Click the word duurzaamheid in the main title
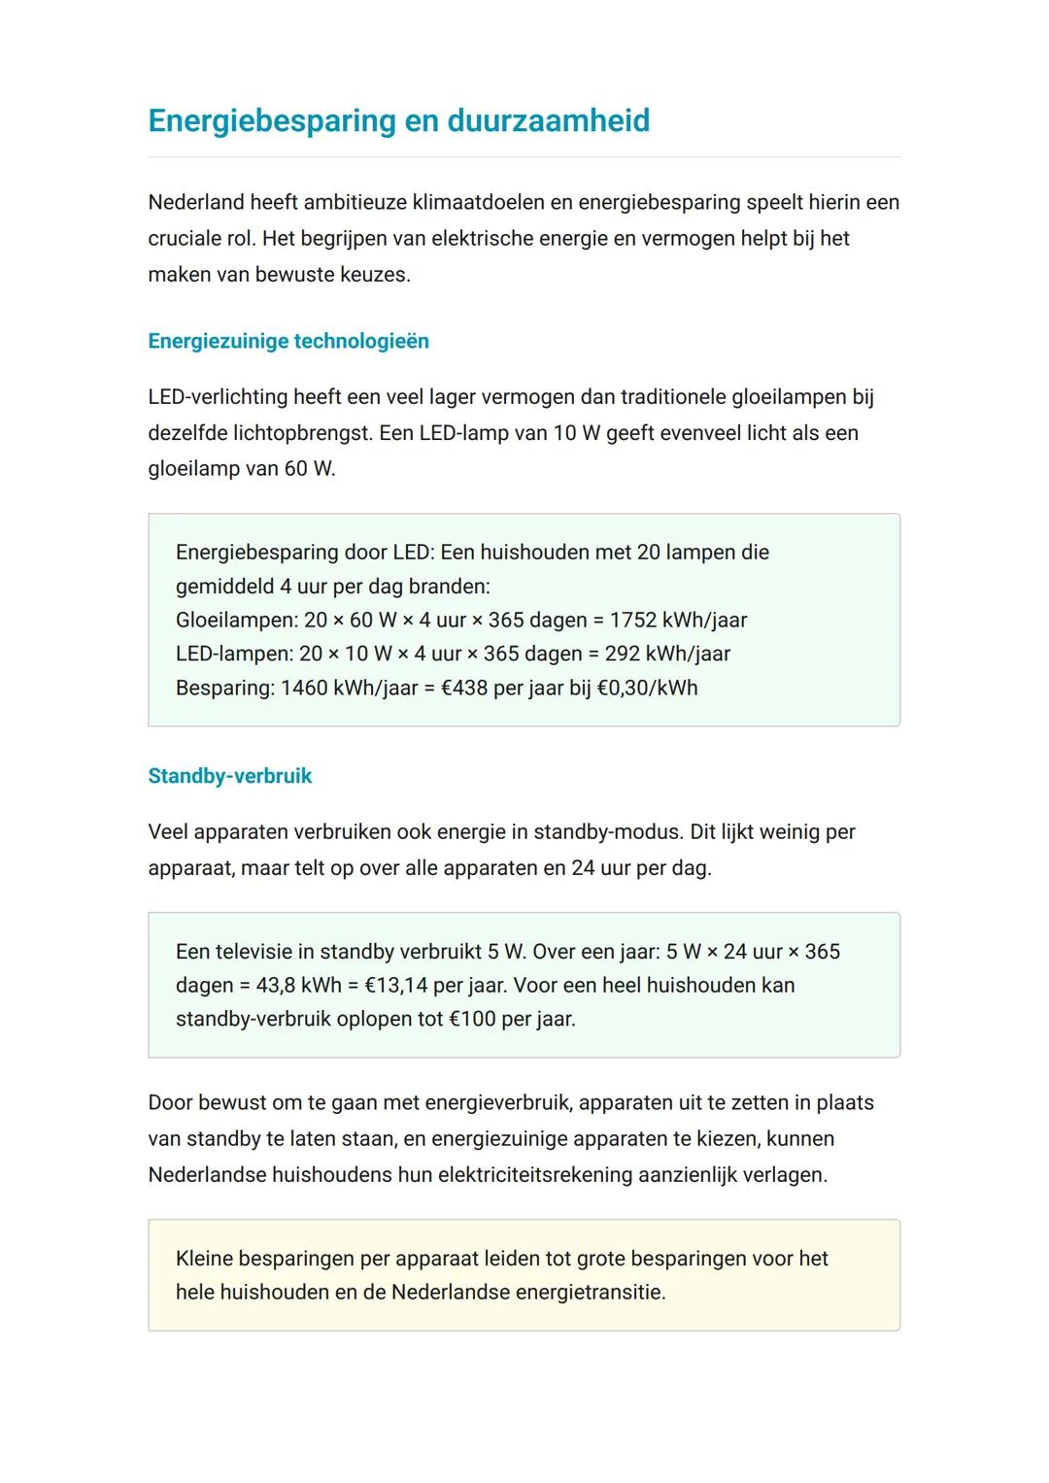(x=548, y=120)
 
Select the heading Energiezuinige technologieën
(x=288, y=341)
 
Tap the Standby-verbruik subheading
(x=230, y=776)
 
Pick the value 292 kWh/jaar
(x=667, y=654)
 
